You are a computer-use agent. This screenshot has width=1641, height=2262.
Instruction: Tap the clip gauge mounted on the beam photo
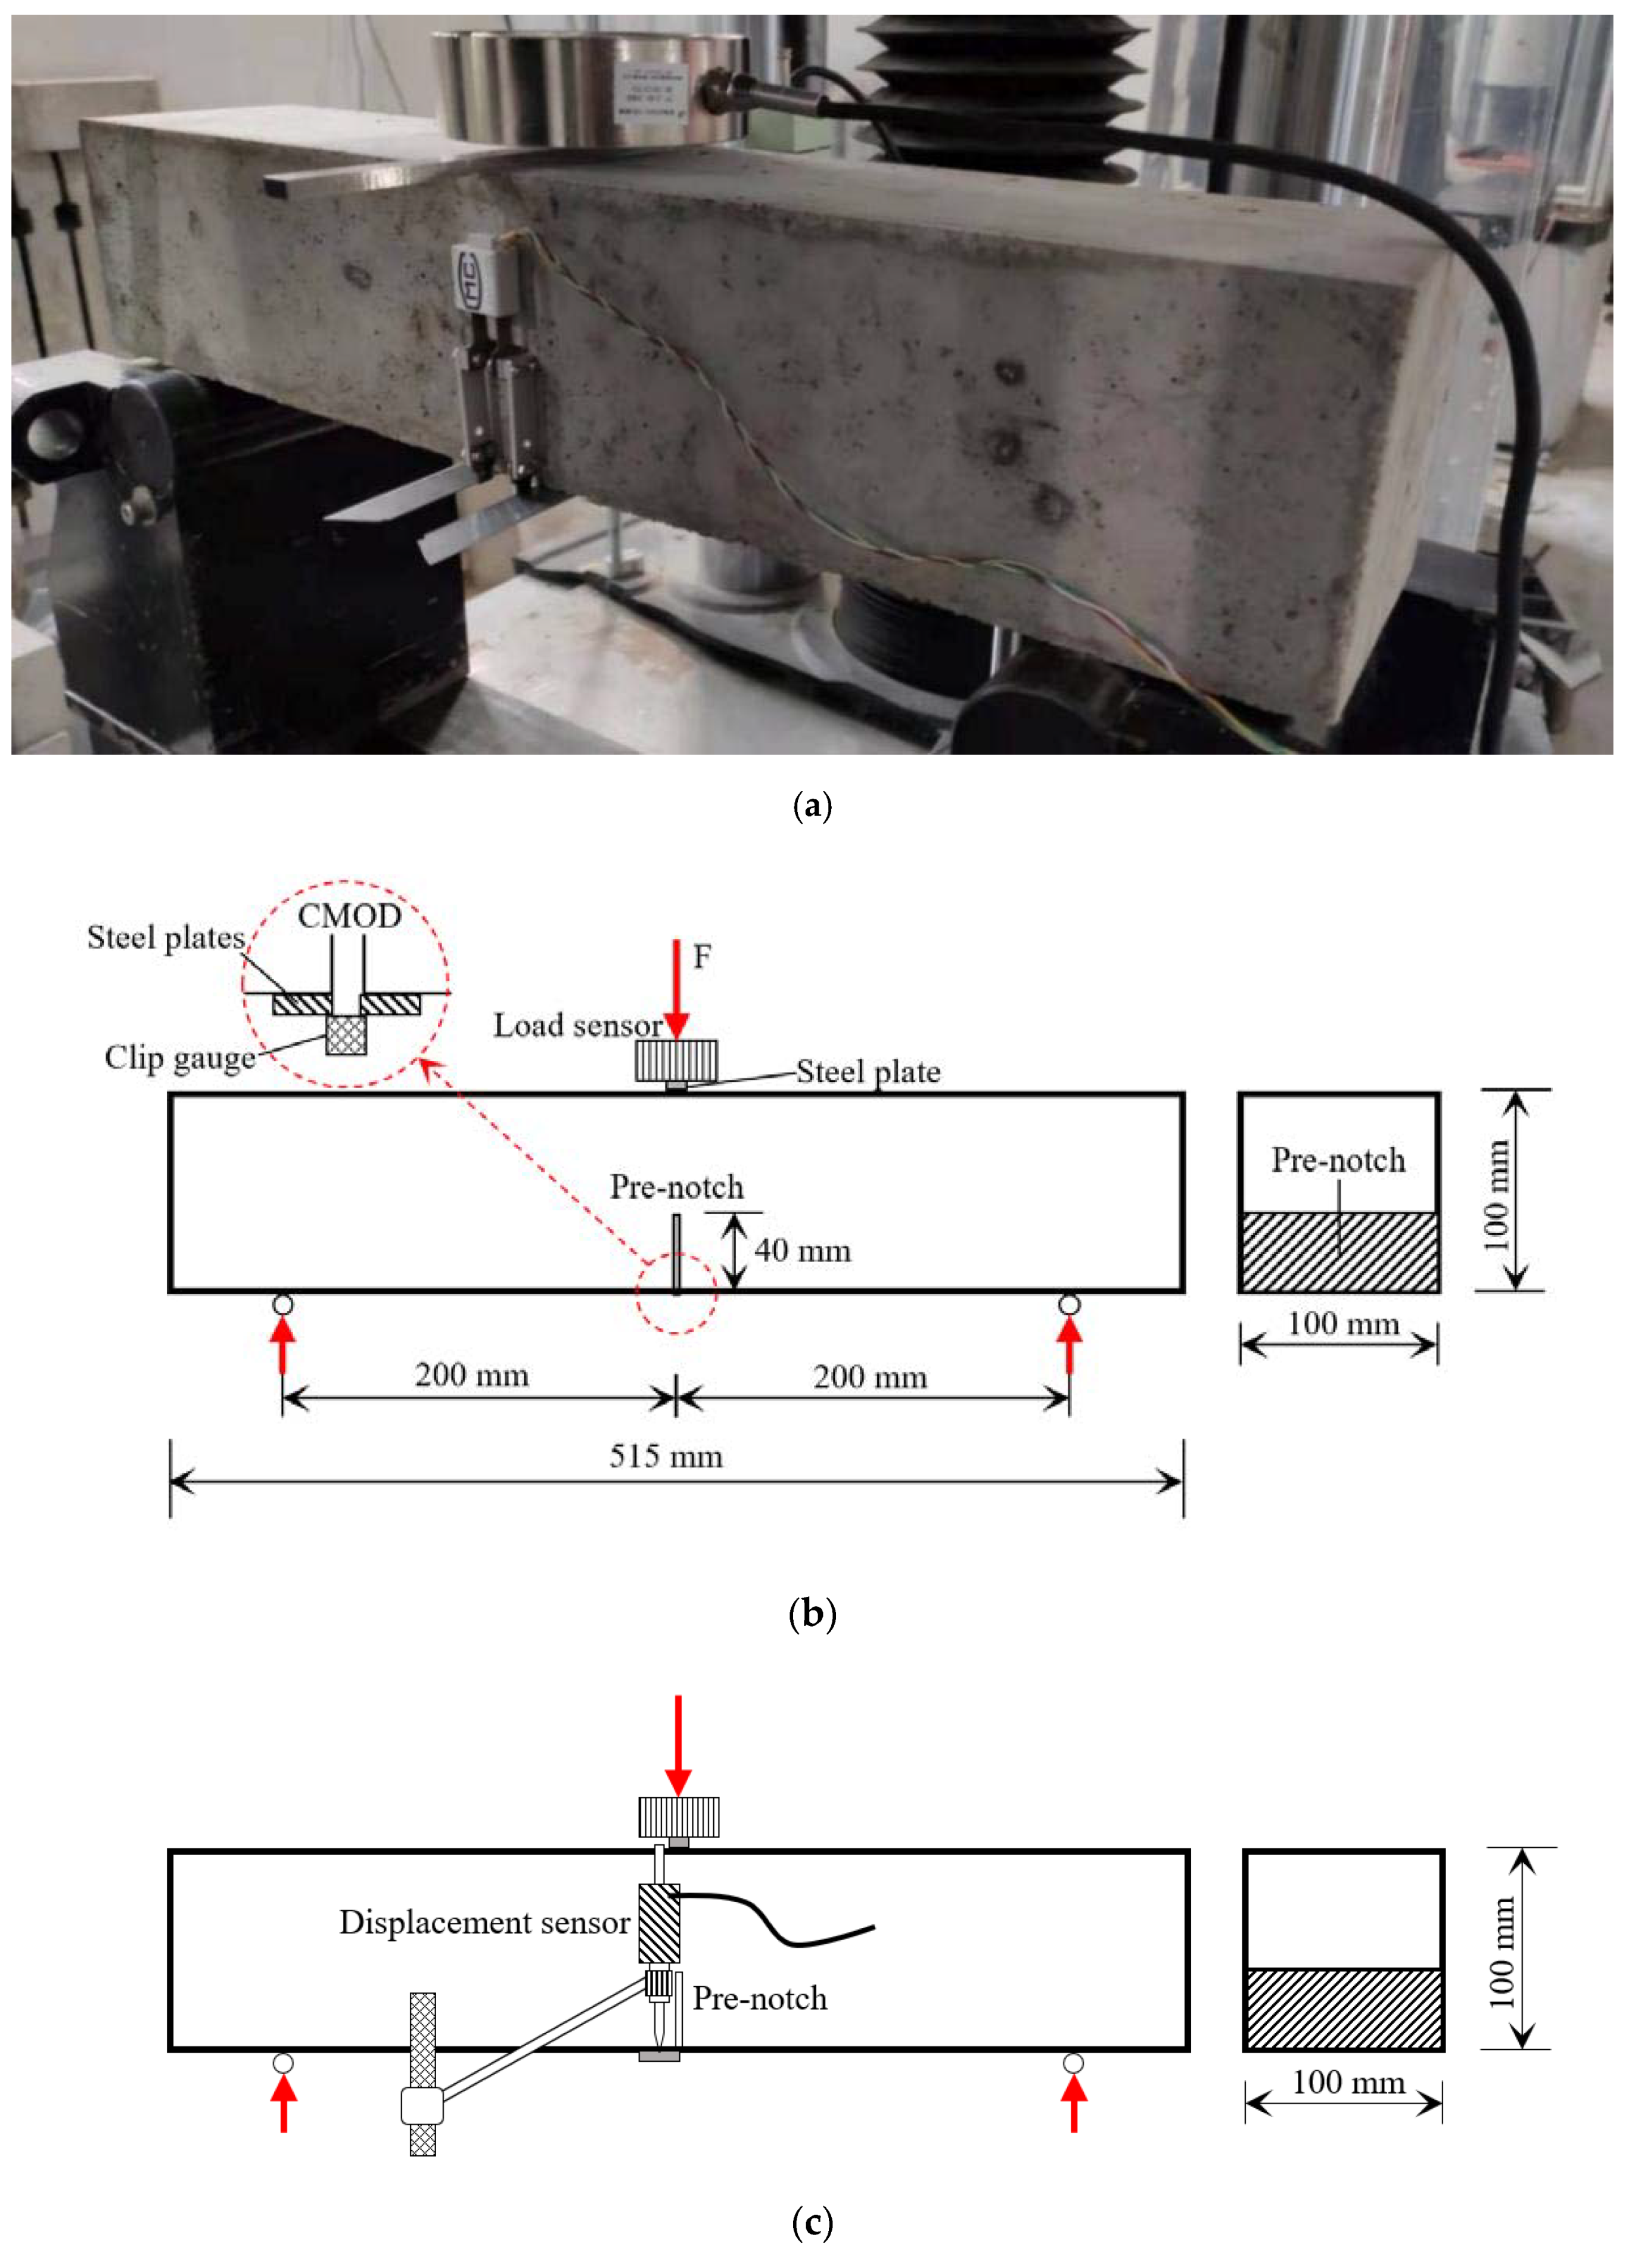(493, 354)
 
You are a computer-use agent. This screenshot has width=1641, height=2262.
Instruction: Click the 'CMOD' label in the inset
(349, 916)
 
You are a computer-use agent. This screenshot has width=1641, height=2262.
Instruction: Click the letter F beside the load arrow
(702, 957)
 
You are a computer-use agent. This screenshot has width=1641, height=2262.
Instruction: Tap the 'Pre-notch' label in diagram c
(760, 1999)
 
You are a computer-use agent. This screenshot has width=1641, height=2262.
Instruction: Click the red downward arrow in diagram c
(678, 1745)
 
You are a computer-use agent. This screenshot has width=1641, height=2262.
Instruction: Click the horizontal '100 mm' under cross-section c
(1348, 2083)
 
